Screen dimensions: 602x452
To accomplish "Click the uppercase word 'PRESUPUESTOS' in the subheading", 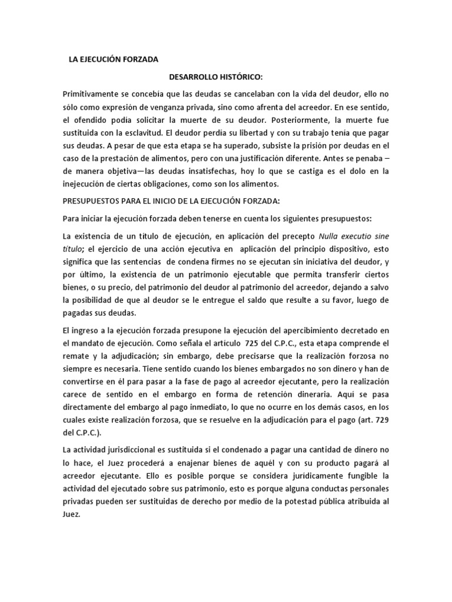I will click(x=95, y=201).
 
